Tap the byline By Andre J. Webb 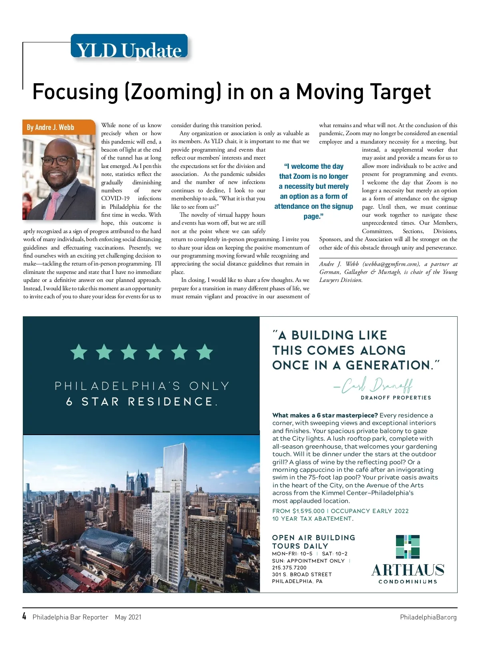pos(50,127)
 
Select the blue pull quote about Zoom pos(313,191)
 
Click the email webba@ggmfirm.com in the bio pos(391,264)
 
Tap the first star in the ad pos(79,352)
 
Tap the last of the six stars pos(204,352)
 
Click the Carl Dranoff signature pos(373,385)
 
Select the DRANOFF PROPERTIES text pos(396,398)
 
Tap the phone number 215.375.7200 pos(289,567)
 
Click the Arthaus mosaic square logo pos(408,547)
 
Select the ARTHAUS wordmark pos(408,570)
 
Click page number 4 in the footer pos(24,616)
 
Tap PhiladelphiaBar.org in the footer pos(428,617)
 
